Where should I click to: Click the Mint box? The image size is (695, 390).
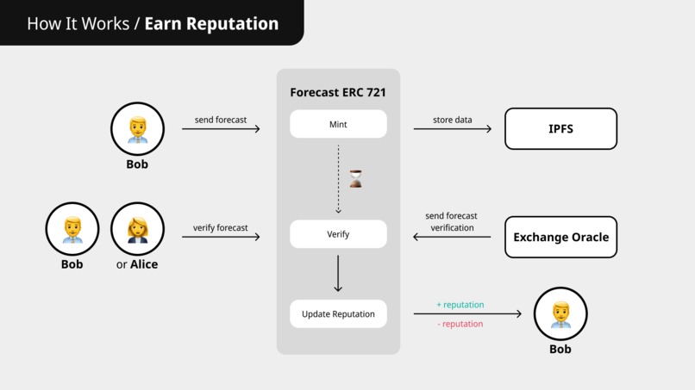338,124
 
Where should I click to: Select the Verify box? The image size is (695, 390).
338,234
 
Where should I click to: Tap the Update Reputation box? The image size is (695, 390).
338,314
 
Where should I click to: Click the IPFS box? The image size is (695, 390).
560,129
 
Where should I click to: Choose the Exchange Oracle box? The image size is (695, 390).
560,237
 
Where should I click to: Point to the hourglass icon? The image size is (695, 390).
355,179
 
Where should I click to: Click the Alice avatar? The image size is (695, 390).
137,229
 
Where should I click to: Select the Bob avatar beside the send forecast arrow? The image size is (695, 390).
137,129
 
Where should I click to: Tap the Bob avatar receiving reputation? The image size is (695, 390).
560,313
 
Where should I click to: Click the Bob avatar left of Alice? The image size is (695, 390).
72,229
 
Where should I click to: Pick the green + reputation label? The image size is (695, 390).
460,305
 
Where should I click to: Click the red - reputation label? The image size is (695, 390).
460,324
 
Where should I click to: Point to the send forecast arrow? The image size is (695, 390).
221,129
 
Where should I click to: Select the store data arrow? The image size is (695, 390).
452,129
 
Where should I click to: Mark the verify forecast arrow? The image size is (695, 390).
221,237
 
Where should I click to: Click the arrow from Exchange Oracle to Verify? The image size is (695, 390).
452,237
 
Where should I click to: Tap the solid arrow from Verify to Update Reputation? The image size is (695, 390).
338,274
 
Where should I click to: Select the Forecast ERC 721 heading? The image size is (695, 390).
338,92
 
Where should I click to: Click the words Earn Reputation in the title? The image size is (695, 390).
211,23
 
